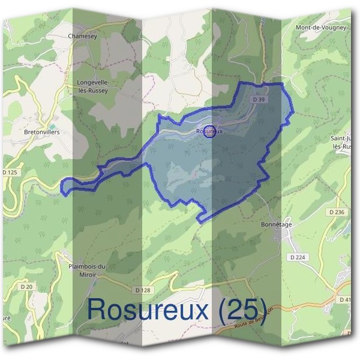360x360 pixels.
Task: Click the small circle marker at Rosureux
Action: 209,131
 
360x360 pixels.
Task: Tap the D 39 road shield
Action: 259,99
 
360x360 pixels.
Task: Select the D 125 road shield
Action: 10,173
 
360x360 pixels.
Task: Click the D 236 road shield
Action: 337,212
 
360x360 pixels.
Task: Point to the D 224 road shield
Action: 298,257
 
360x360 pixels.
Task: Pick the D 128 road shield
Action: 143,290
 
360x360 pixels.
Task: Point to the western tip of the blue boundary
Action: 62,187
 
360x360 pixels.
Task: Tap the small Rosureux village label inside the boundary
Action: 209,130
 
